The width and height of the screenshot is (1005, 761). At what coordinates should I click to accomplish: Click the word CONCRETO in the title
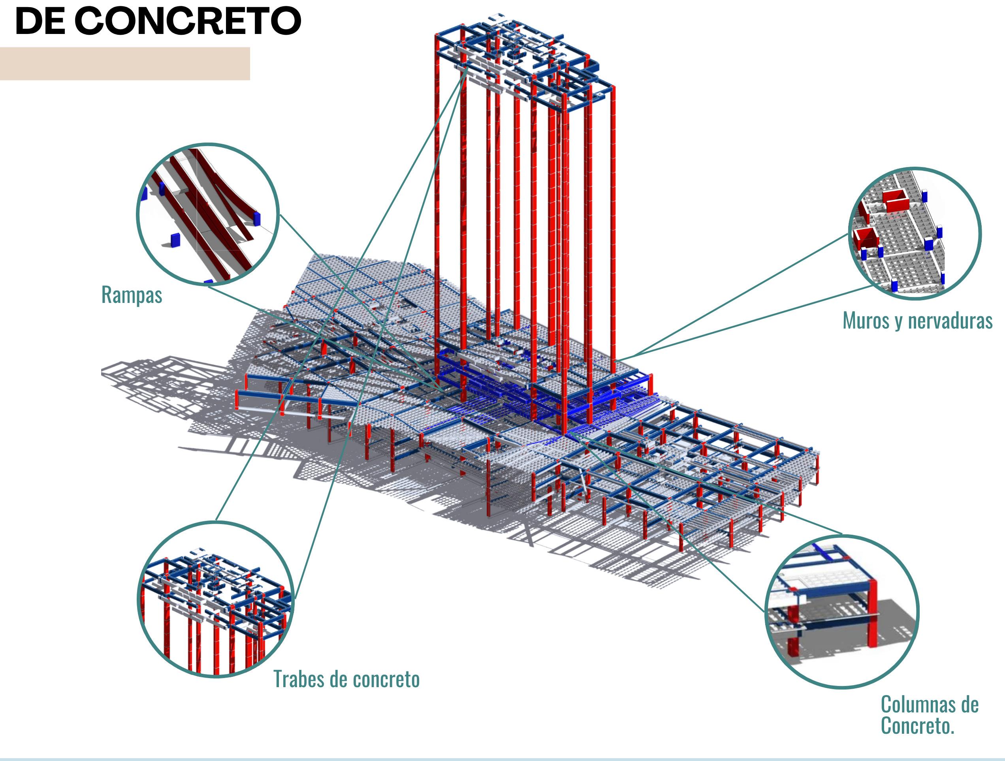(188, 21)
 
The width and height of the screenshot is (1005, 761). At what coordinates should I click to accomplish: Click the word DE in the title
(40, 21)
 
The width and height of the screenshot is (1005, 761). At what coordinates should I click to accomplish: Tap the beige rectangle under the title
(124, 64)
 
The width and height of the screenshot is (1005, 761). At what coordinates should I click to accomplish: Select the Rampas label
(131, 295)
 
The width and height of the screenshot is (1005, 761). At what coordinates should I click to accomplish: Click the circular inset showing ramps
(208, 214)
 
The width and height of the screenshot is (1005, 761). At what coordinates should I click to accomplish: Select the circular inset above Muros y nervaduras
(914, 233)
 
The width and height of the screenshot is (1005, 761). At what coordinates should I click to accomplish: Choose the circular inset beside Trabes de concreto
(216, 599)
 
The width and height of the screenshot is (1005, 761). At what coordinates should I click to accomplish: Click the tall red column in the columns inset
(872, 613)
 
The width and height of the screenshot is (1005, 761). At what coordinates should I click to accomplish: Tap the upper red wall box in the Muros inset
(896, 201)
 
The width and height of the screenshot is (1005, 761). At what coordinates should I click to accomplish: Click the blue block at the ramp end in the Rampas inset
(257, 218)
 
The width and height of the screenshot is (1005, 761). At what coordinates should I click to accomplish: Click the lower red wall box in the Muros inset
(866, 239)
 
